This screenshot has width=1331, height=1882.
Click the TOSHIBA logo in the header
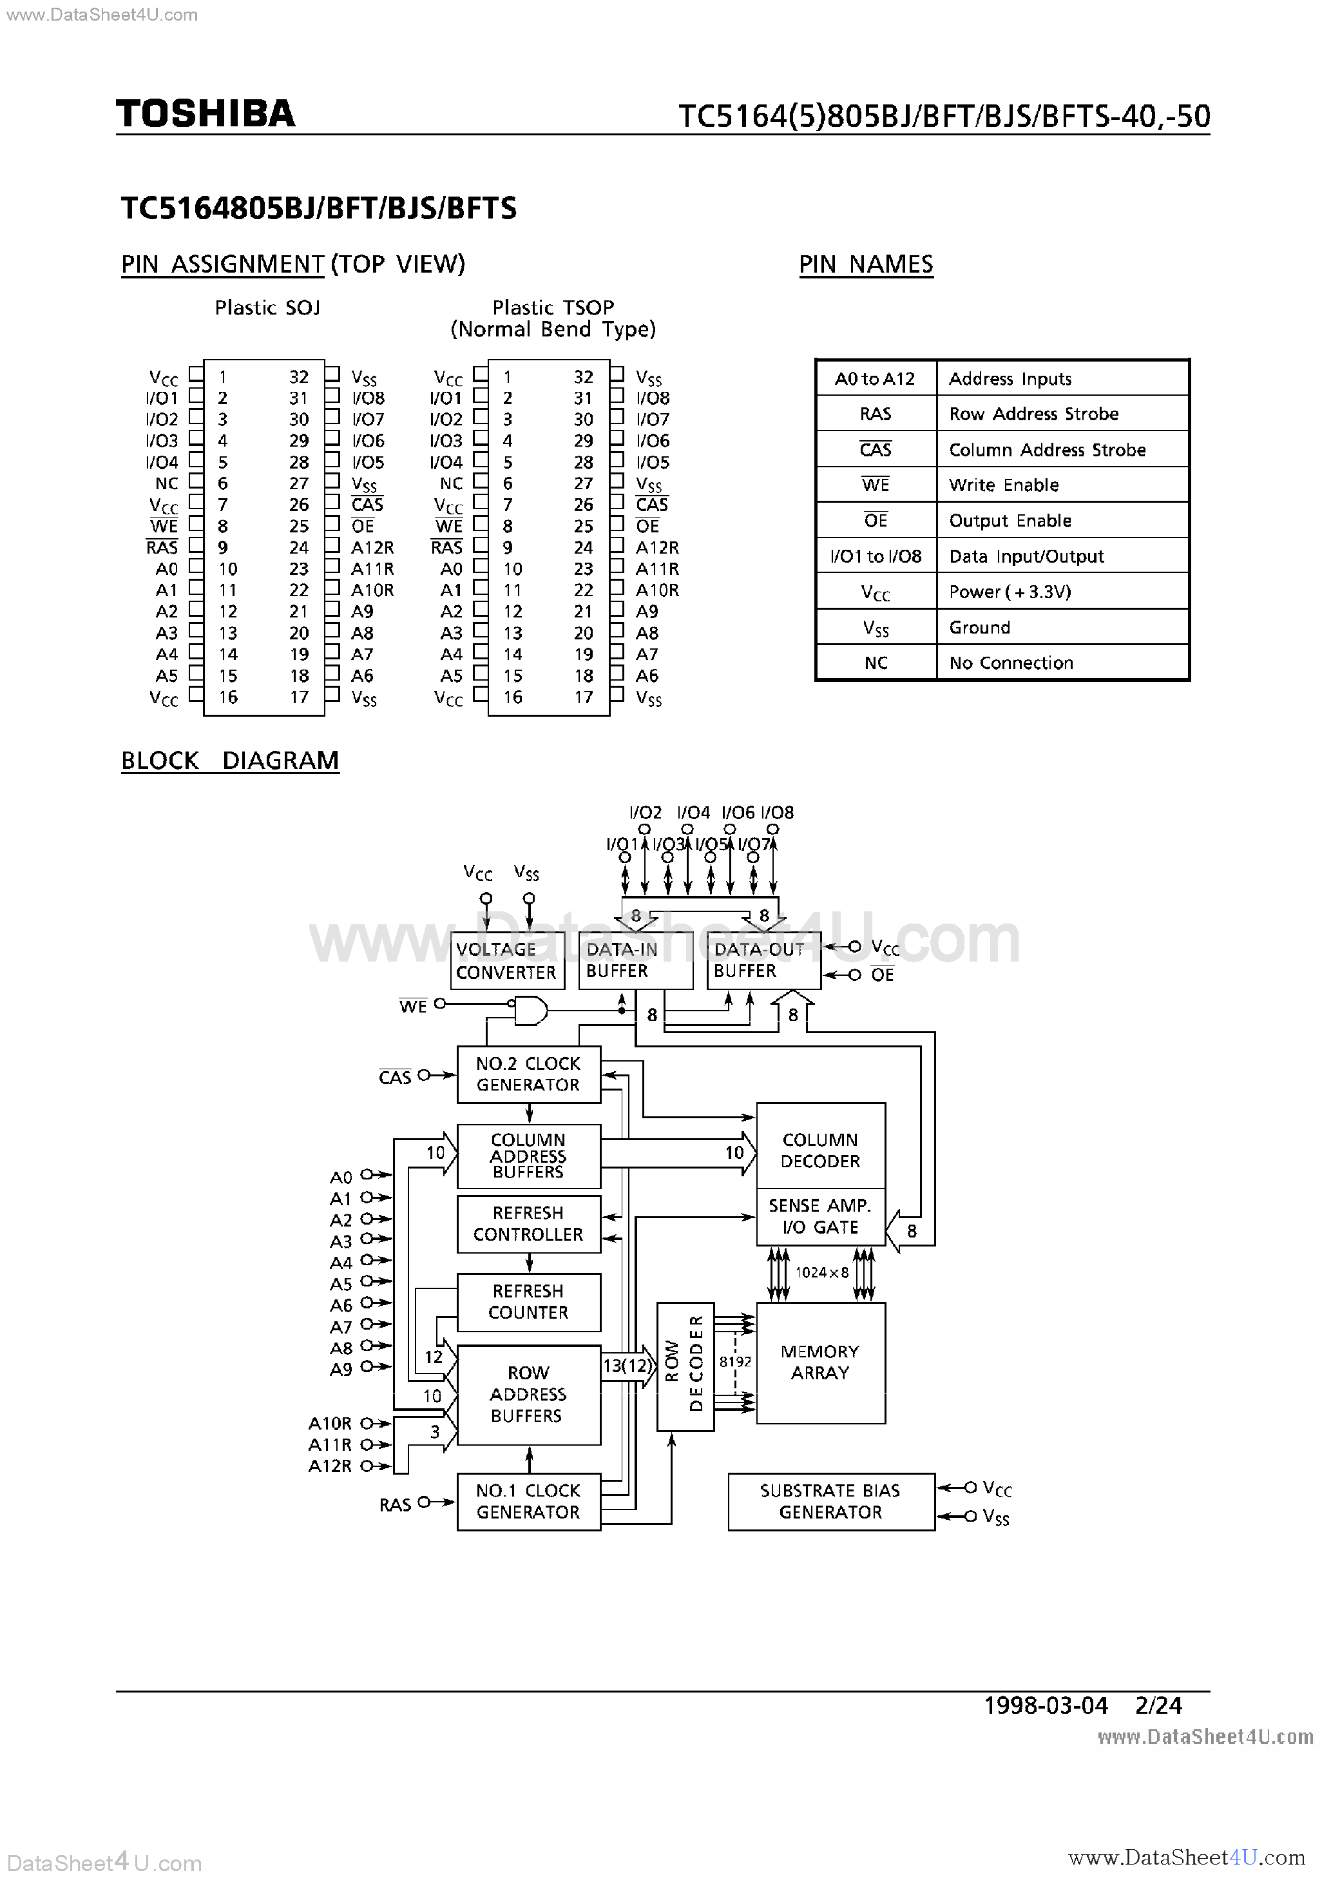point(205,114)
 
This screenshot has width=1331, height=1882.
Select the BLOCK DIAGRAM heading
point(229,761)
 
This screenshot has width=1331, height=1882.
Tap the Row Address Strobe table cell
point(1033,414)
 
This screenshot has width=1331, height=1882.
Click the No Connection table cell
point(1011,663)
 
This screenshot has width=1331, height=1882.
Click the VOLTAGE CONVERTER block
point(506,961)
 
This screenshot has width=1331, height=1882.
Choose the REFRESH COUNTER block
point(528,1302)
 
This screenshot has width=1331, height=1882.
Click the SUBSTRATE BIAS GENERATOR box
point(830,1502)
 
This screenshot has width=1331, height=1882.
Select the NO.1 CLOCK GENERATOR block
point(528,1502)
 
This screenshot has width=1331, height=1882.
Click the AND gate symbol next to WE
point(529,1010)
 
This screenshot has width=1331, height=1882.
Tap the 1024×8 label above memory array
point(821,1273)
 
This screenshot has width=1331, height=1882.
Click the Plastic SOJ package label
point(267,307)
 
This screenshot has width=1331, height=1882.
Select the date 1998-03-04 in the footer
point(1045,1706)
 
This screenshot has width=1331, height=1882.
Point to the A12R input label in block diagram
point(329,1466)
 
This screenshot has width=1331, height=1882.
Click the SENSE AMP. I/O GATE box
point(820,1216)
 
